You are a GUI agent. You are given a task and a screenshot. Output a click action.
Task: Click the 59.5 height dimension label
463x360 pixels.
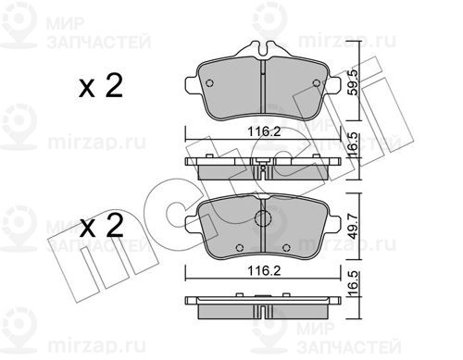(x=353, y=82)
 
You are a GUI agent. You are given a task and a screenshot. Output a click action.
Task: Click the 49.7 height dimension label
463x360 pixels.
(x=353, y=227)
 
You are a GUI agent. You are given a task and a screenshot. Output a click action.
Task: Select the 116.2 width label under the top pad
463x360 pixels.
(x=264, y=132)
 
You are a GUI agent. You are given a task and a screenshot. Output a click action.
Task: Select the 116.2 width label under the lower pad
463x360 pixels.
(x=264, y=271)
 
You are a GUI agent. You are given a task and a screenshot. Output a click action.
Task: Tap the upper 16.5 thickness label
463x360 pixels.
(x=353, y=144)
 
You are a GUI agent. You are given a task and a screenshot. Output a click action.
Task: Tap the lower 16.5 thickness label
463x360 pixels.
(x=353, y=283)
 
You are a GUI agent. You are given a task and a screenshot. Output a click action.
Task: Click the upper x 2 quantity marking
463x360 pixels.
(x=101, y=86)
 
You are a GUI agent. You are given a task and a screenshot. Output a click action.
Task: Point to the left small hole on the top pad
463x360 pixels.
(x=209, y=83)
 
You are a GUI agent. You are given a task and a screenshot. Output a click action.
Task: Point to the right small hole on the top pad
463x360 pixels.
(x=317, y=83)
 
